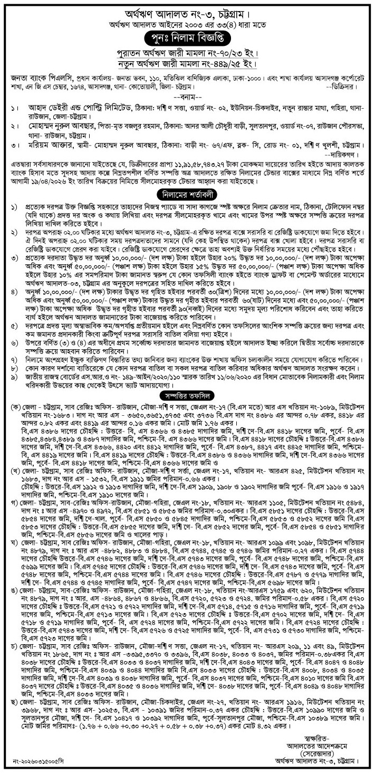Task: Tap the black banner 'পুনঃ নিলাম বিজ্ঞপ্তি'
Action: point(188,38)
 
